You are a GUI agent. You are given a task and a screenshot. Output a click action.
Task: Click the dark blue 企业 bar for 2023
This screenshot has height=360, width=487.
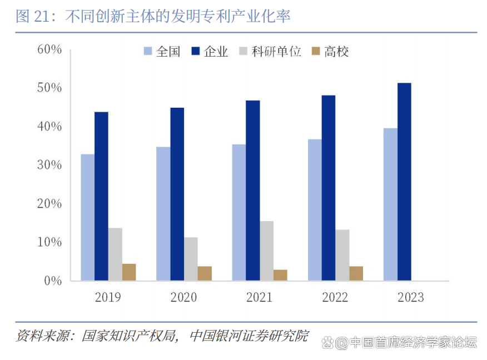tap(404, 182)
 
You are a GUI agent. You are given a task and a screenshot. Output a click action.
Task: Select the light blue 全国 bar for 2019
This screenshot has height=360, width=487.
tap(88, 217)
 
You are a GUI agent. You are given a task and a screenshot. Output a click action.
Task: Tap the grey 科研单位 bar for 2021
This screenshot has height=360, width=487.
tap(266, 251)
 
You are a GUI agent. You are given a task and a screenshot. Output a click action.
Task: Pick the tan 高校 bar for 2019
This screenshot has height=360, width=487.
tap(129, 272)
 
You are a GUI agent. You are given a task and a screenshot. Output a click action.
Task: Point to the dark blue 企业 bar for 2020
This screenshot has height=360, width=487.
tap(177, 194)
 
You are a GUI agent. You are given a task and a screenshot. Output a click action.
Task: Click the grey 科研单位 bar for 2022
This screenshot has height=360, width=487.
tap(342, 255)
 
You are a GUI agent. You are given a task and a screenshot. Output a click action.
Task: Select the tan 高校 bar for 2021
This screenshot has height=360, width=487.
tap(280, 275)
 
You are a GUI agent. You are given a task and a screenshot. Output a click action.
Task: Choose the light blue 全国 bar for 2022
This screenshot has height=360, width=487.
tap(315, 209)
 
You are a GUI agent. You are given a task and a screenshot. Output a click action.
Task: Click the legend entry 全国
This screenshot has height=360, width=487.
tap(162, 52)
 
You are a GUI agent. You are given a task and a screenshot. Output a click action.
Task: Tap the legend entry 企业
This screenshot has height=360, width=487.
tap(210, 52)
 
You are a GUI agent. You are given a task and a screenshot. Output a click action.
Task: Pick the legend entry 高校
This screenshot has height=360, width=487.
tap(330, 52)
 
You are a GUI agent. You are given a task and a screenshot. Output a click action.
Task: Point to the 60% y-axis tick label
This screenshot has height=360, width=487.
tap(49, 49)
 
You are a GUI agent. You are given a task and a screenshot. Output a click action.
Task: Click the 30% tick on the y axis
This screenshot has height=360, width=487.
tap(49, 165)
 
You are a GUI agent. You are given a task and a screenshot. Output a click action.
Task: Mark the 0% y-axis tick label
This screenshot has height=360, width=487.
tap(52, 281)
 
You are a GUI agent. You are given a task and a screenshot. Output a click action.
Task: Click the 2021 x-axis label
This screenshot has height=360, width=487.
tap(259, 298)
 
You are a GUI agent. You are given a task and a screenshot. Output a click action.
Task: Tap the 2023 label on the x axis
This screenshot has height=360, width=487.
tap(410, 298)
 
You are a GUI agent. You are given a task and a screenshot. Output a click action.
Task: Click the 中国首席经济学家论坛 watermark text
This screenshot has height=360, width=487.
tap(413, 343)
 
